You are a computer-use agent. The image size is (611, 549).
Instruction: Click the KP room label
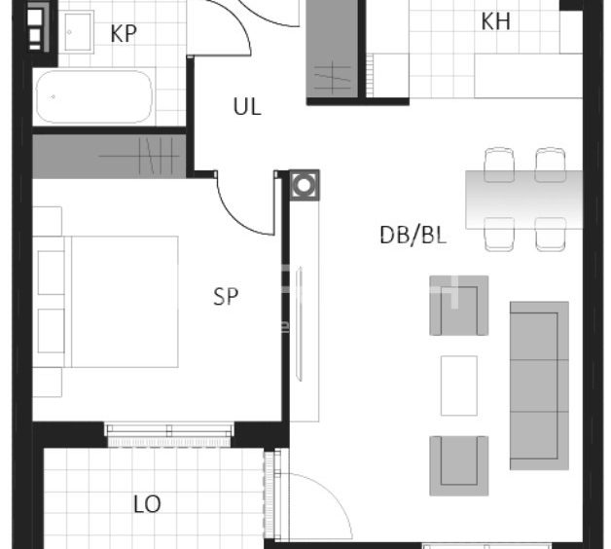(x=124, y=34)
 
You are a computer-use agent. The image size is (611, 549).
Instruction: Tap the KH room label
(x=495, y=21)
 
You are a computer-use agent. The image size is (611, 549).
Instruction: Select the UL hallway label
(x=247, y=106)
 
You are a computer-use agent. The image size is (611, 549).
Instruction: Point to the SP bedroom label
(x=226, y=296)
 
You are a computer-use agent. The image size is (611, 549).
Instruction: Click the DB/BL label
(x=413, y=236)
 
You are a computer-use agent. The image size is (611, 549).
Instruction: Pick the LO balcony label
(x=147, y=504)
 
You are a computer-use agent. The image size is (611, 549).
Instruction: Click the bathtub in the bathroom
(x=94, y=96)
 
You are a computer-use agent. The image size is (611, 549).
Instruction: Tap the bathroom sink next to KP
(x=79, y=32)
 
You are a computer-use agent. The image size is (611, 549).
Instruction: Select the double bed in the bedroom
(x=106, y=302)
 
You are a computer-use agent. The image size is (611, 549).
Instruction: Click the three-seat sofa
(x=539, y=385)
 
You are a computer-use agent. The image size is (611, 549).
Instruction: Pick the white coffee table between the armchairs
(x=459, y=385)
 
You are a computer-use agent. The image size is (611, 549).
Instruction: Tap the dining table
(x=524, y=200)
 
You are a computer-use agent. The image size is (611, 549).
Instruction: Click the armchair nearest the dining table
(x=459, y=306)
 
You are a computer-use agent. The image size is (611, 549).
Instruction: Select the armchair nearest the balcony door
(x=459, y=465)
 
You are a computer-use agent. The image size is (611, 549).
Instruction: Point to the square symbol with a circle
(x=305, y=185)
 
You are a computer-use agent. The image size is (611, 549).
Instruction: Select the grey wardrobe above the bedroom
(x=109, y=157)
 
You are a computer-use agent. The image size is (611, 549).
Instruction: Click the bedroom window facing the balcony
(x=168, y=434)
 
